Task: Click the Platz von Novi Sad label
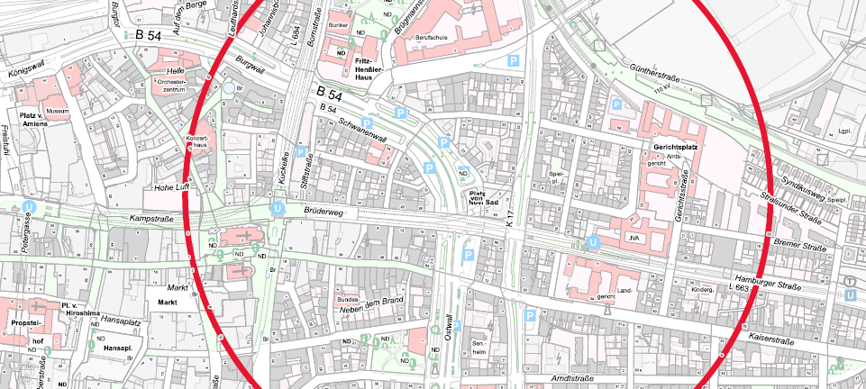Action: pyautogui.click(x=483, y=197)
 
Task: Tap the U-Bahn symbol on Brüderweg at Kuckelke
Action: pyautogui.click(x=278, y=209)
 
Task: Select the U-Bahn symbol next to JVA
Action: pyautogui.click(x=593, y=241)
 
